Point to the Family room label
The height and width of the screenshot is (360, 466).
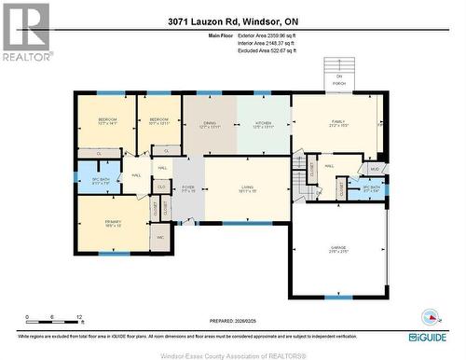pos(337,123)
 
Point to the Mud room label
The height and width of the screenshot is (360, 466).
pos(373,169)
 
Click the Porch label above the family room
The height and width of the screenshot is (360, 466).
pos(339,81)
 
